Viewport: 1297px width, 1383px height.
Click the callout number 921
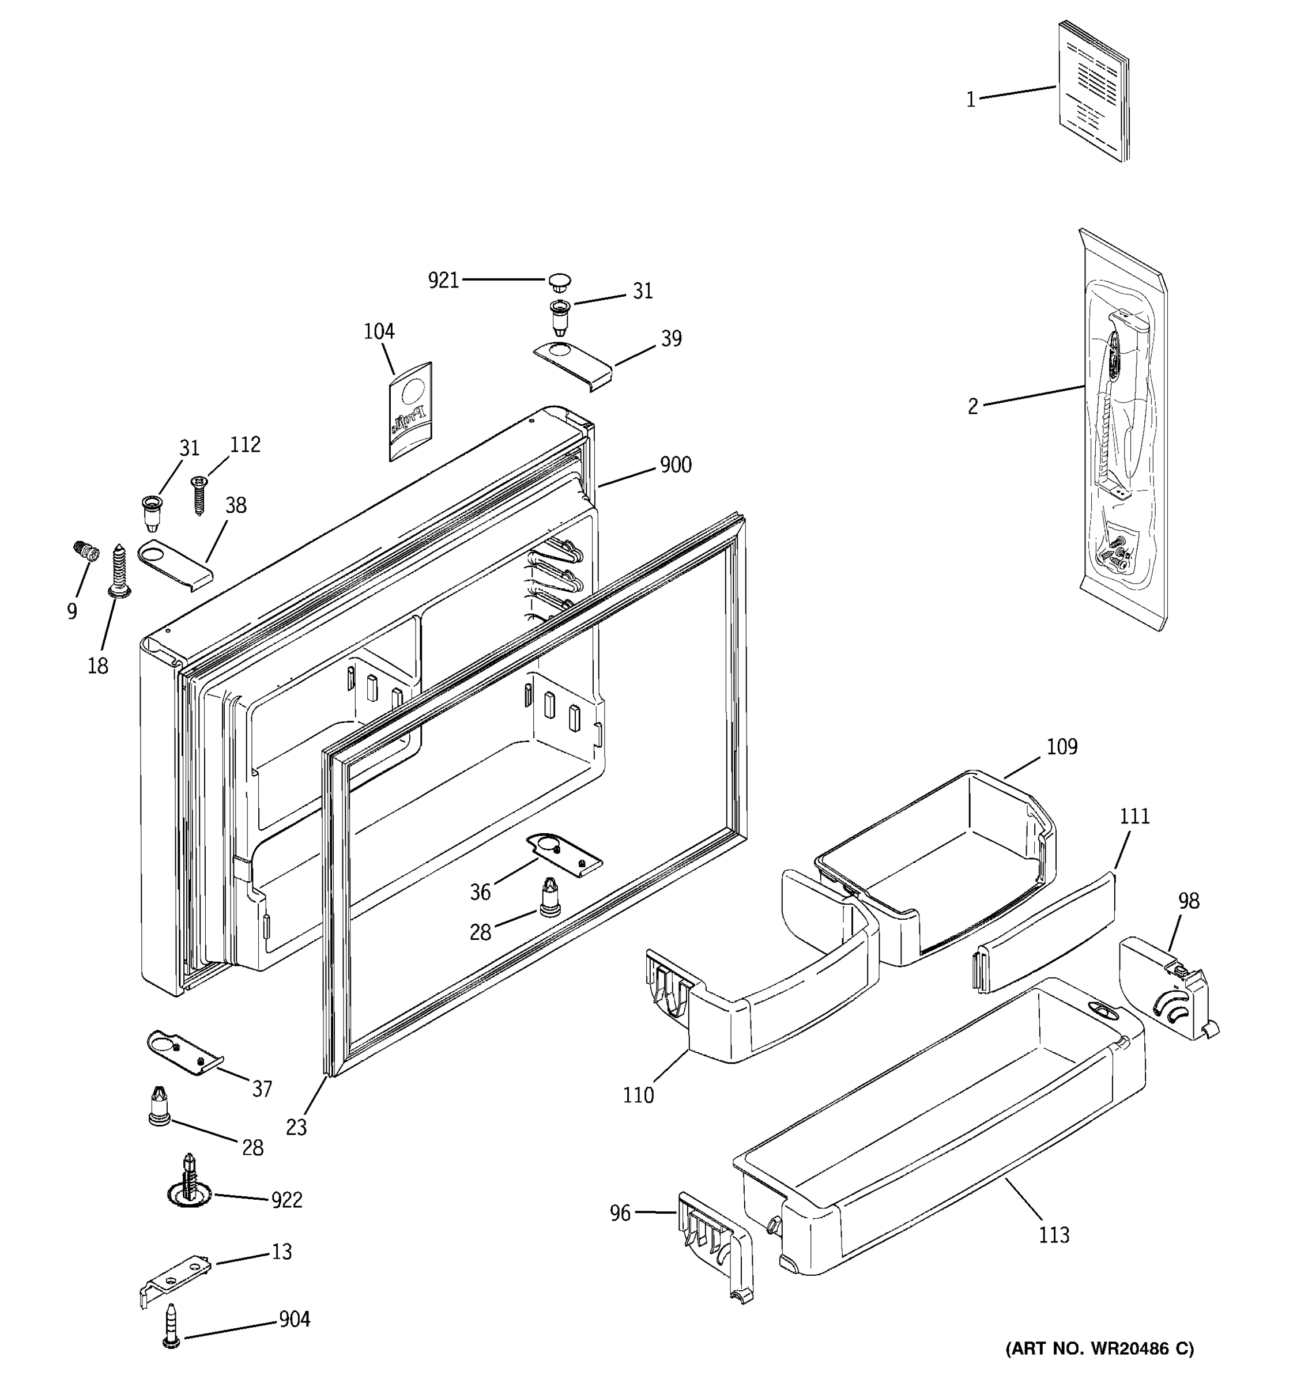point(443,281)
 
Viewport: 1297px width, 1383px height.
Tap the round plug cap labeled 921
point(559,281)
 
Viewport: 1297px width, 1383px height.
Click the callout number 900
point(676,464)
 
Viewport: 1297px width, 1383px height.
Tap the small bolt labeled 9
point(84,550)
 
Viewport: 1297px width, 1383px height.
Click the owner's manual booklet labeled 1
point(1092,92)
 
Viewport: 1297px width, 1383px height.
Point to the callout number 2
point(973,406)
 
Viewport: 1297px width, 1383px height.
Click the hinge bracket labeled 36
point(564,853)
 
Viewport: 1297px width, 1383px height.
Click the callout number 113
point(1054,1235)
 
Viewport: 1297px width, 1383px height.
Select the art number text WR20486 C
point(1100,1349)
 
